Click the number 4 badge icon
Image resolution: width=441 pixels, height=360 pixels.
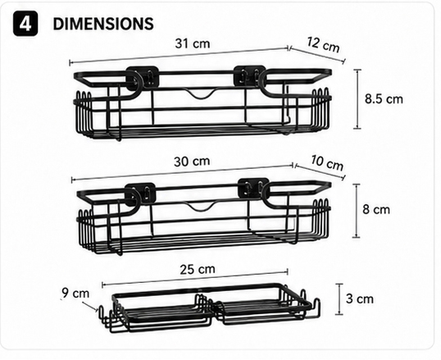(25, 24)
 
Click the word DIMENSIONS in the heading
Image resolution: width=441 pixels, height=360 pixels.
(103, 24)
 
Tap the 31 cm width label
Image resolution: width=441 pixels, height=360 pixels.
(193, 43)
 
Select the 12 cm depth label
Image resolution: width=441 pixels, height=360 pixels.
(323, 44)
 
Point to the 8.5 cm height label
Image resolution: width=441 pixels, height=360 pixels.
(384, 99)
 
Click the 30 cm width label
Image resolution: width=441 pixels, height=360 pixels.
(192, 162)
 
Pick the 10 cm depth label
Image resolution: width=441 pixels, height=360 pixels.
(327, 162)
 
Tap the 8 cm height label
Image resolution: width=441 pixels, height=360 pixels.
(376, 210)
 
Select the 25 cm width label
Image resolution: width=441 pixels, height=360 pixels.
(198, 269)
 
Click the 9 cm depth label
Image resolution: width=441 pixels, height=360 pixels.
(75, 294)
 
